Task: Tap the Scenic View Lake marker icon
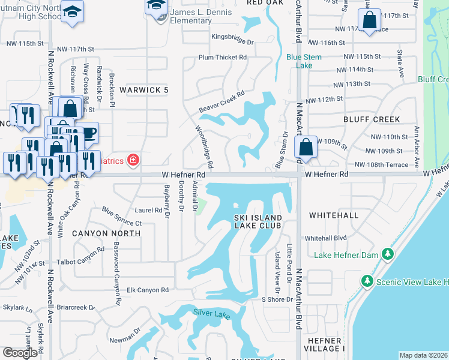click(x=367, y=281)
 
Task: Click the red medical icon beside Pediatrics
click(x=132, y=160)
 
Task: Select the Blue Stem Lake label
click(x=304, y=61)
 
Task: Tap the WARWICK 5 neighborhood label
click(x=143, y=90)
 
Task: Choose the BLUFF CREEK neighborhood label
click(x=372, y=119)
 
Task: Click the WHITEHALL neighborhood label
click(x=333, y=215)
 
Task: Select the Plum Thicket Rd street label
click(x=223, y=58)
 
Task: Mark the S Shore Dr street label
click(x=276, y=299)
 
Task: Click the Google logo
click(x=20, y=352)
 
